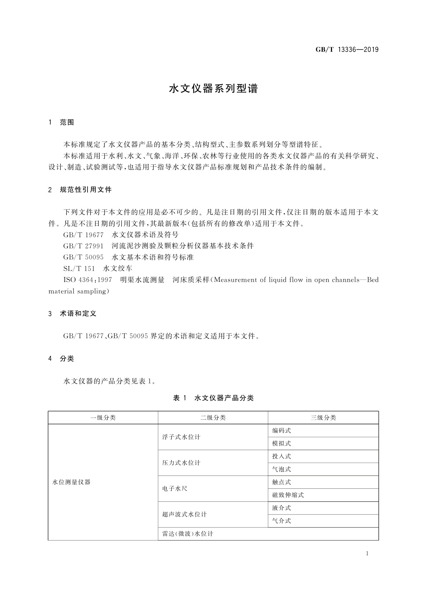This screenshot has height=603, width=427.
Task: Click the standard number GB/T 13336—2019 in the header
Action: coord(347,50)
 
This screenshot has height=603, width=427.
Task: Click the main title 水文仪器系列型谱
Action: coord(213,89)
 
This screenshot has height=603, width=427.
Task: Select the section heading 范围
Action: coord(67,122)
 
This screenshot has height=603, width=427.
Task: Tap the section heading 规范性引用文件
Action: coord(86,190)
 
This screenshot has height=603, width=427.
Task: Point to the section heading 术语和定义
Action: coord(78,314)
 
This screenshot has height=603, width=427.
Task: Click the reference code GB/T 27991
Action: coord(83,246)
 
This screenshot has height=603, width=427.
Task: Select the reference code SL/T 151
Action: coord(79,269)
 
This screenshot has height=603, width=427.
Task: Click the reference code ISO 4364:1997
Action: coord(87,280)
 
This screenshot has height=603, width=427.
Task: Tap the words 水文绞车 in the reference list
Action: coord(118,269)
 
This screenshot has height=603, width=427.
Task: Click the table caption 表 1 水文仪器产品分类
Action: coord(213,398)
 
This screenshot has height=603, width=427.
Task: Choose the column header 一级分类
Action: coord(103,418)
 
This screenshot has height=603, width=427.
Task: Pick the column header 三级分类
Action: coord(323,418)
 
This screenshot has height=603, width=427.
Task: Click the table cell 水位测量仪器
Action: coord(71,482)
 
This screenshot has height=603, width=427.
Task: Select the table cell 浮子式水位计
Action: coord(181,437)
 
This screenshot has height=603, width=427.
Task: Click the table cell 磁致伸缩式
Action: coord(288,495)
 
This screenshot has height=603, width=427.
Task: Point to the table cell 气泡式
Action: coord(281,469)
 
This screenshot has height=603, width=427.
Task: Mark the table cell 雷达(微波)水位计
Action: coord(188,534)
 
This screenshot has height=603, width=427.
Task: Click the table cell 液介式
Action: coord(281,508)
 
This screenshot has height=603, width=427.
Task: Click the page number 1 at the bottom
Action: coord(367,554)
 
